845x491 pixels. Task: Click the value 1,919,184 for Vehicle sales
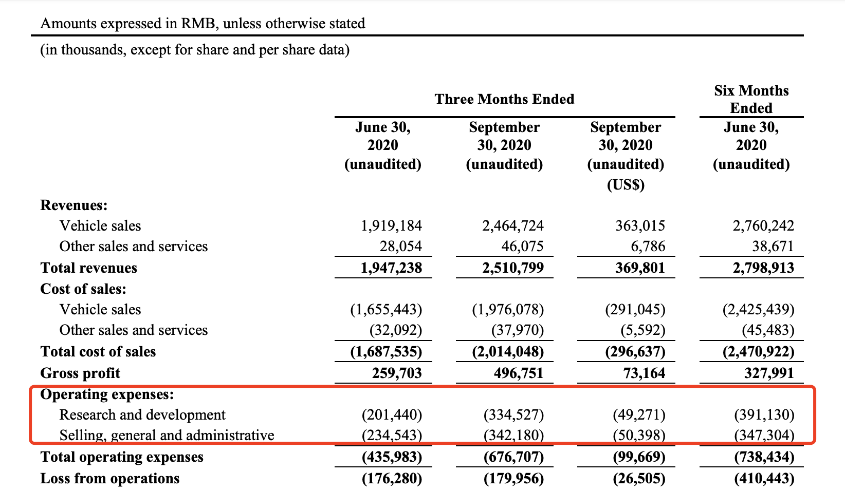(x=391, y=225)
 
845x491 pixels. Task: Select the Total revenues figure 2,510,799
(x=513, y=268)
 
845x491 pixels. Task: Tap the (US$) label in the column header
(x=626, y=185)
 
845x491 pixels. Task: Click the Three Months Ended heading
(x=504, y=99)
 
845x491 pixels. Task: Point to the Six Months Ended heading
(x=751, y=99)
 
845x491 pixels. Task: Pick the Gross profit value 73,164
(x=645, y=373)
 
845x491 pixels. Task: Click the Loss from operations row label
(x=110, y=479)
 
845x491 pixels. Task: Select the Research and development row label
(x=142, y=415)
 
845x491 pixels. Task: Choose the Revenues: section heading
(x=74, y=205)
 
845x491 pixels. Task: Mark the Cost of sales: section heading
(x=83, y=289)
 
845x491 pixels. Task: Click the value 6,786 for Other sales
(x=648, y=247)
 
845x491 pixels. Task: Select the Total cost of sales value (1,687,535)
(x=386, y=352)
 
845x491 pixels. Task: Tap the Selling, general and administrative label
(x=167, y=436)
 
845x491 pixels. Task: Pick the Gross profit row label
(x=80, y=373)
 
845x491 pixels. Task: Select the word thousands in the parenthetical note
(x=93, y=50)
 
